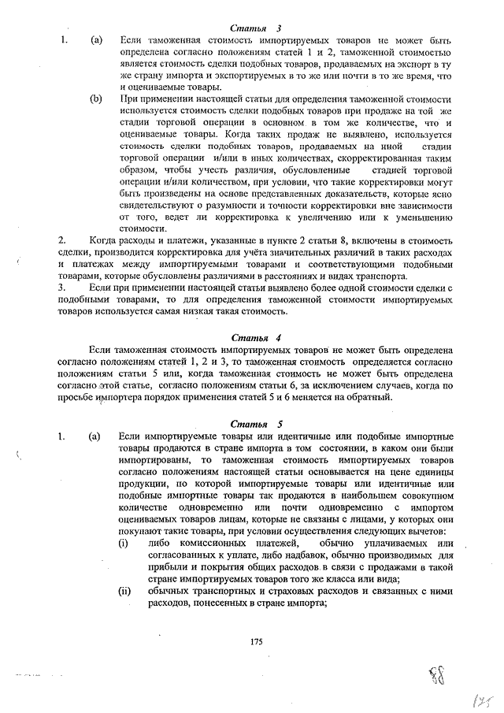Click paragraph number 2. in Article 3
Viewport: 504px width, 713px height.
pos(62,238)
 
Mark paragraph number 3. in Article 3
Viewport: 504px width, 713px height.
pos(62,288)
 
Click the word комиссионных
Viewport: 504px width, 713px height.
pos(202,544)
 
